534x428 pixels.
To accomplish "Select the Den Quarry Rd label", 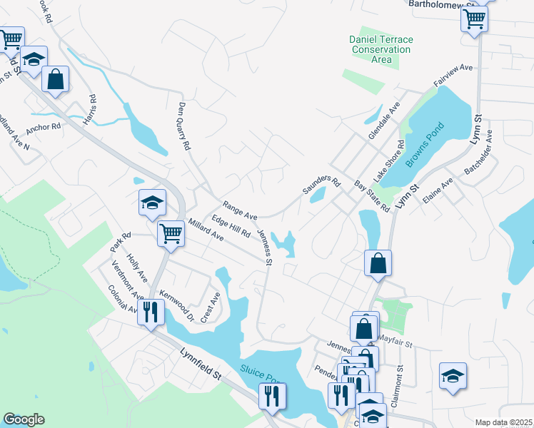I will click(185, 125).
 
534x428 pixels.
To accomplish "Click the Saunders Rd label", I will click(319, 185).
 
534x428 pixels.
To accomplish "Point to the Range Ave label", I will click(239, 210).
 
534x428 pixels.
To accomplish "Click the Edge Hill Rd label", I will click(230, 227).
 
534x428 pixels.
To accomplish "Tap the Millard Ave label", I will click(206, 230).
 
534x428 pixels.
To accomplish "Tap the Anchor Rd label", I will click(44, 129).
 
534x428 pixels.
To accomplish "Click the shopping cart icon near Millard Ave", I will click(171, 233).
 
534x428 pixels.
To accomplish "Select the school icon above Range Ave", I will click(152, 203).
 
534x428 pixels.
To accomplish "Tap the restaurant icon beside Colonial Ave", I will click(151, 312).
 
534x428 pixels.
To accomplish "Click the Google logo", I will click(24, 419).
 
